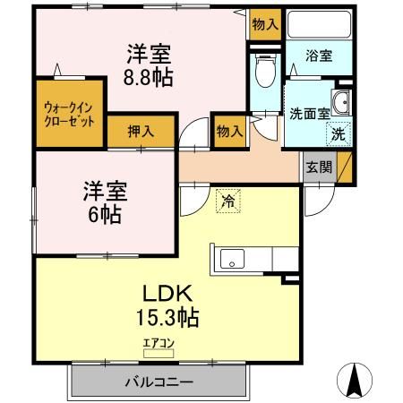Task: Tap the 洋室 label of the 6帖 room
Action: pos(106,191)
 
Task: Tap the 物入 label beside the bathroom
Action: pos(265,24)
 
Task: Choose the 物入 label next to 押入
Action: pos(229,131)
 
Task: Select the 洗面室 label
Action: pos(306,114)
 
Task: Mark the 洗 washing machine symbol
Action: pos(338,134)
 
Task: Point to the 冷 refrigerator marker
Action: pos(229,201)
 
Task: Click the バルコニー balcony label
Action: pos(159,382)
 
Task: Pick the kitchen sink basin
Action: pos(231,261)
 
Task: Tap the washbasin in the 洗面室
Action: pos(341,103)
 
